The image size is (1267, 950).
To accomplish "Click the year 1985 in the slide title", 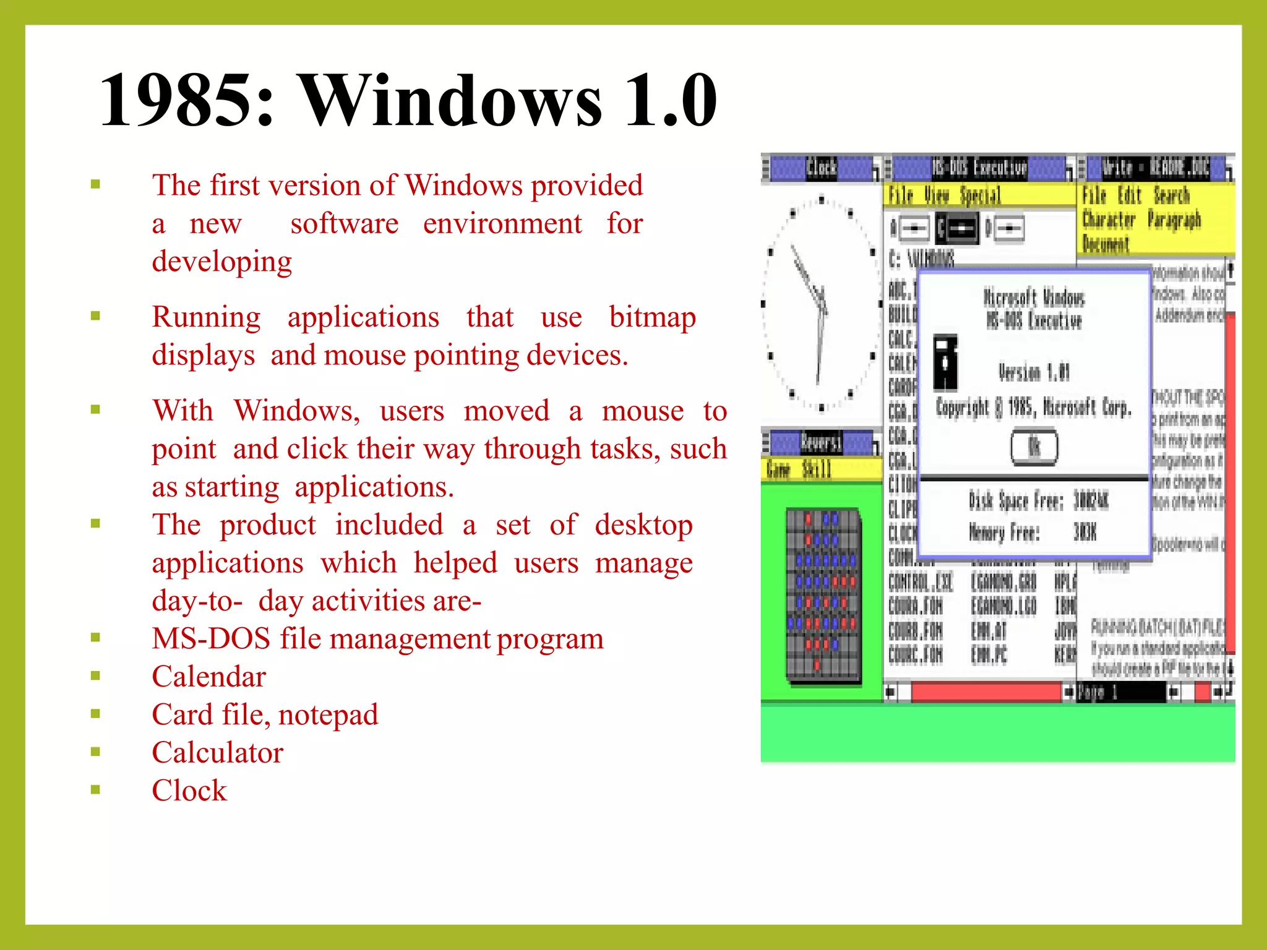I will pyautogui.click(x=186, y=100).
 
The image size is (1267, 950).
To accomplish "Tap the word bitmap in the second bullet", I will pyautogui.click(x=652, y=317).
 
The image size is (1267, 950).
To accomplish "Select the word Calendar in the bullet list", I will pyautogui.click(x=208, y=677).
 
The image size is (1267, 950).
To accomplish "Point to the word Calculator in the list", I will pyautogui.click(x=217, y=753).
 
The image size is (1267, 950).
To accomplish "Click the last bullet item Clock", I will pyautogui.click(x=189, y=790).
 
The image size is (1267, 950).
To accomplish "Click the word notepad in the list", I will pyautogui.click(x=328, y=715).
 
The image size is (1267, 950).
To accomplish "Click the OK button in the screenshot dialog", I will pyautogui.click(x=1034, y=447).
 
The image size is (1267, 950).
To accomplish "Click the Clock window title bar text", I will pyautogui.click(x=821, y=168).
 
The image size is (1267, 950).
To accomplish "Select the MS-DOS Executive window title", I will pyautogui.click(x=979, y=168).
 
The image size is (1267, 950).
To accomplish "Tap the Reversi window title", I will pyautogui.click(x=820, y=443).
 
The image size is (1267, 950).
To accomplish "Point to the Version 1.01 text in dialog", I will pyautogui.click(x=1033, y=372).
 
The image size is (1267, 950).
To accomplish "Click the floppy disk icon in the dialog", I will pyautogui.click(x=945, y=361).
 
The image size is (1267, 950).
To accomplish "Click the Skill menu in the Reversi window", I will pyautogui.click(x=816, y=469).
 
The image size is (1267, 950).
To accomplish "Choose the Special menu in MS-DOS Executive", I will pyautogui.click(x=980, y=196).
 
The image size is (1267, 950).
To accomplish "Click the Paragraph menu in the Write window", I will pyautogui.click(x=1174, y=220).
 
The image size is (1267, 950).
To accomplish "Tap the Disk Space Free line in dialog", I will pyautogui.click(x=1038, y=500).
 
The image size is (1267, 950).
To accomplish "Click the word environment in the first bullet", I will pyautogui.click(x=502, y=224).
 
